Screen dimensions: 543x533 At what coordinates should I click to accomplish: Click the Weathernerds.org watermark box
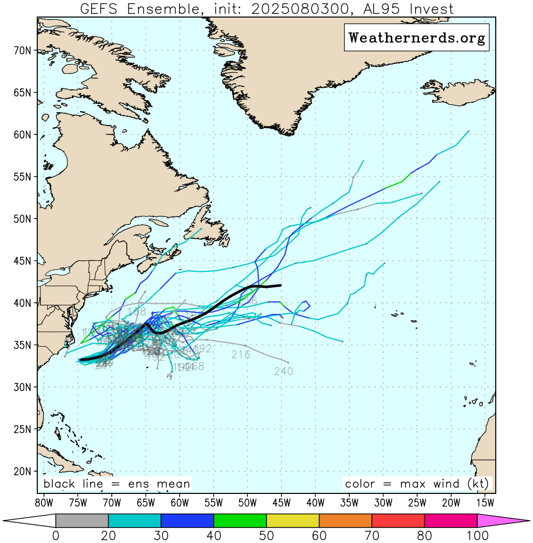[x=417, y=38]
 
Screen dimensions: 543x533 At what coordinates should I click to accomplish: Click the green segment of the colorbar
[x=240, y=521]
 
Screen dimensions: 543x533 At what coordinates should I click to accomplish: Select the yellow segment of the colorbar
[x=293, y=521]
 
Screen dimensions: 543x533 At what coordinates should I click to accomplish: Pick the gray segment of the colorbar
[x=82, y=521]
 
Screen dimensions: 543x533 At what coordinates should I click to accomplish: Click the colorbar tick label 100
[x=477, y=536]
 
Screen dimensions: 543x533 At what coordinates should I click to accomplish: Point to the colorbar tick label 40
[x=214, y=536]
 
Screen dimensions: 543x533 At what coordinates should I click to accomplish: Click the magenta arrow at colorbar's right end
[x=502, y=521]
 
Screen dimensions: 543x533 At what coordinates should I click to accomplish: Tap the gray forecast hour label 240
[x=284, y=371]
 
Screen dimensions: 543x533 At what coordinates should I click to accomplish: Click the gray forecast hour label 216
[x=241, y=355]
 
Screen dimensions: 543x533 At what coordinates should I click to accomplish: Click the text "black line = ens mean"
[x=117, y=484]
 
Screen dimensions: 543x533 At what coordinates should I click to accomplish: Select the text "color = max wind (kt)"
[x=417, y=484]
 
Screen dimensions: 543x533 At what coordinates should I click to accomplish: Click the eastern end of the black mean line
[x=280, y=285]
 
